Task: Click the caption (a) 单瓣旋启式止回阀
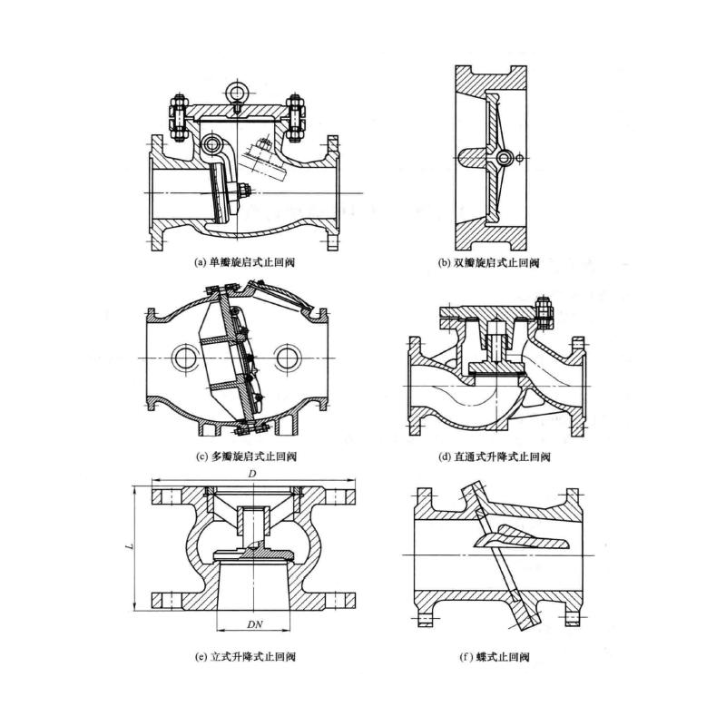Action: (x=246, y=262)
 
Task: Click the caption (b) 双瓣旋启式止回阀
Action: (x=489, y=263)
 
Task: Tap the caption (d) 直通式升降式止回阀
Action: (x=495, y=456)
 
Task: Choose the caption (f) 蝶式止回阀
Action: (x=495, y=656)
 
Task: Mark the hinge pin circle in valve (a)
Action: (x=213, y=144)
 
